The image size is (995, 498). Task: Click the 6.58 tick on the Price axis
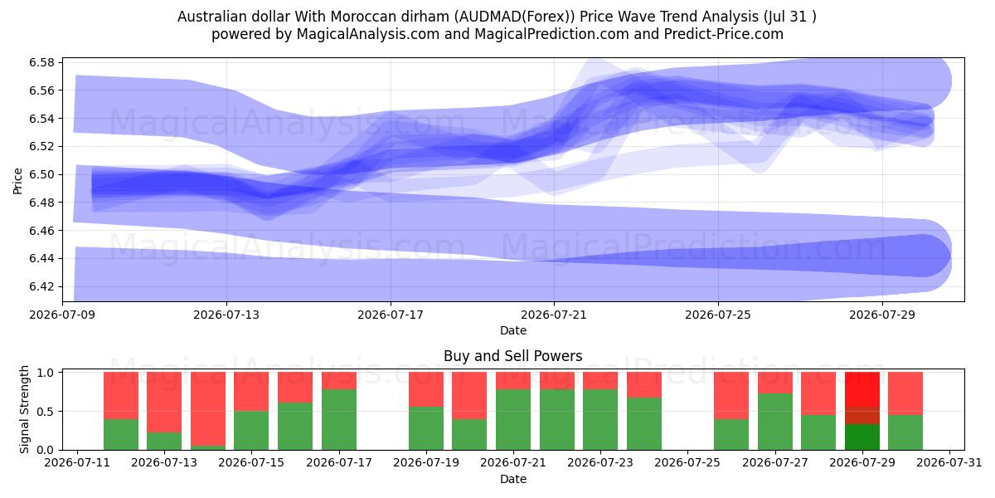(41, 62)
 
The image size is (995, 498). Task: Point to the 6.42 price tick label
(41, 286)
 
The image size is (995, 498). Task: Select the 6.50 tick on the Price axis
(41, 174)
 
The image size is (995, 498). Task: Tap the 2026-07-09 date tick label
(63, 315)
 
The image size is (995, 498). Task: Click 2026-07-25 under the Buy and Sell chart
(687, 462)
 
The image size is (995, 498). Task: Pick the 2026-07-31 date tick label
(949, 462)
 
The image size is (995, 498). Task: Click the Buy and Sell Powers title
(513, 356)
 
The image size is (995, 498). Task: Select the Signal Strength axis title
(24, 409)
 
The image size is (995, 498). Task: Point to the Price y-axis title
(17, 181)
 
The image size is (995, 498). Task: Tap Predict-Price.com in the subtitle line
(724, 34)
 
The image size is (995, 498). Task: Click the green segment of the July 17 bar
(339, 420)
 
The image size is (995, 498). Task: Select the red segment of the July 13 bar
(164, 403)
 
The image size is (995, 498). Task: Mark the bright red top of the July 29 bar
(862, 389)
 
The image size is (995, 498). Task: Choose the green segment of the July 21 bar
(513, 420)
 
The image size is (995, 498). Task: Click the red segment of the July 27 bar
(775, 383)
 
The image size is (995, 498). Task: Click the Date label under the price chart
(513, 330)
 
